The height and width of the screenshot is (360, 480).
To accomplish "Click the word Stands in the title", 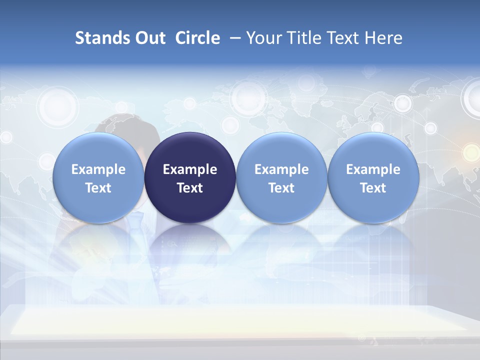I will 98,38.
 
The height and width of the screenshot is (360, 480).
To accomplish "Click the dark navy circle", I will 190,178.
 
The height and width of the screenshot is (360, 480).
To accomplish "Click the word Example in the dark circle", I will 190,169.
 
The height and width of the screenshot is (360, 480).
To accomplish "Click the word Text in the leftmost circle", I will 98,188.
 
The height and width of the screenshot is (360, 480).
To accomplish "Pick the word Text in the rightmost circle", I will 373,188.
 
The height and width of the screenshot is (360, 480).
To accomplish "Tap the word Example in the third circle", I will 281,169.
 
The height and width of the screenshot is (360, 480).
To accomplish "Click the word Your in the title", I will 262,38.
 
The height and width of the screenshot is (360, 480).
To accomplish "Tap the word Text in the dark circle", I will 190,188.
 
